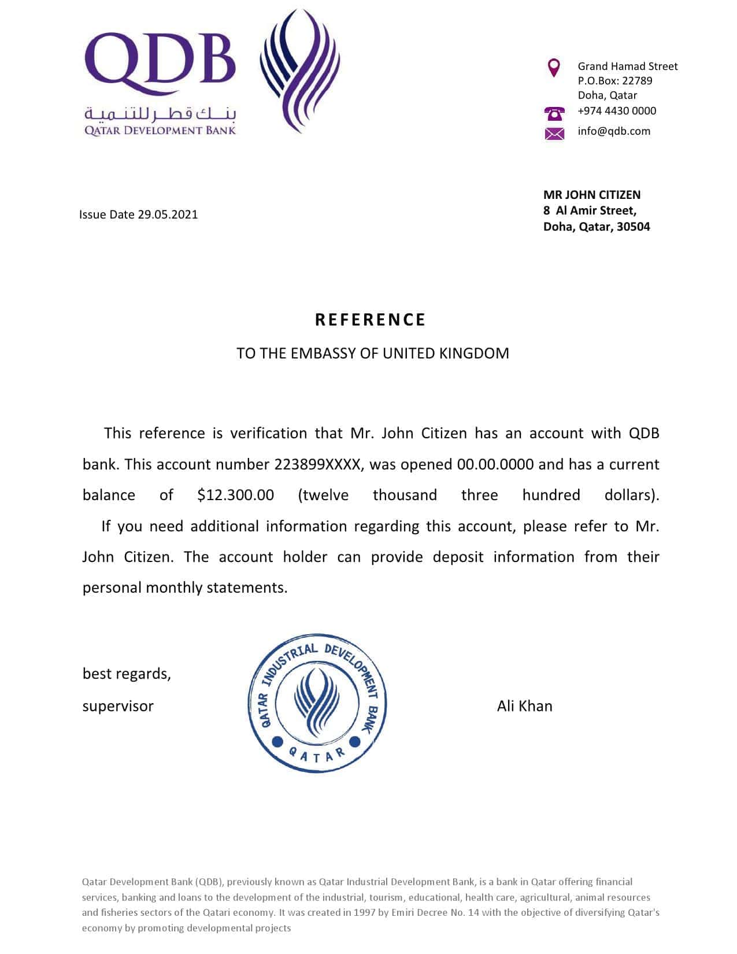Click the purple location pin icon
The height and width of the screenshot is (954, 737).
(554, 67)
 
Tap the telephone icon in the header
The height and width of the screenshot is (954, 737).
(554, 113)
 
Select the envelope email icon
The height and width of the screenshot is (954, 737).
(554, 134)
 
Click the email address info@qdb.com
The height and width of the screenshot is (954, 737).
(614, 131)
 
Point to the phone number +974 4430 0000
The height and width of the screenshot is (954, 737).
(617, 111)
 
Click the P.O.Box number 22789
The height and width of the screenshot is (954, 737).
(637, 81)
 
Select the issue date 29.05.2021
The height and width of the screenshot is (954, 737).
(168, 215)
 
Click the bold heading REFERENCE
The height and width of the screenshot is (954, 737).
(370, 320)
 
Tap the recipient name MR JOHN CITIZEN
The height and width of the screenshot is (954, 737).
(592, 195)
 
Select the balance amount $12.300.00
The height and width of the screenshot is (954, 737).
(235, 495)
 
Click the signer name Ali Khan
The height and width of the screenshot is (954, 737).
(524, 706)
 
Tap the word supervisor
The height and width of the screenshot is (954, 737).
(118, 706)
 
